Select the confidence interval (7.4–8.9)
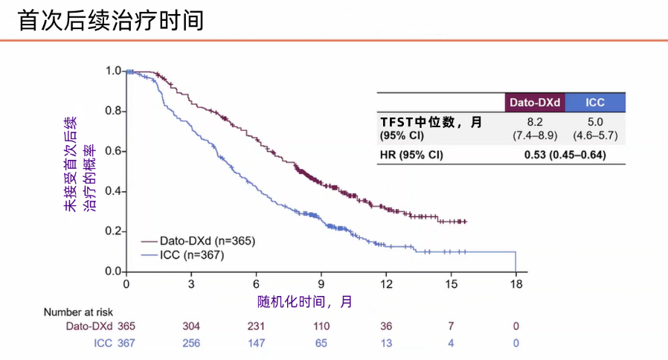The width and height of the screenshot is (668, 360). point(534,135)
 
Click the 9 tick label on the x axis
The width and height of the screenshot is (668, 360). point(321,285)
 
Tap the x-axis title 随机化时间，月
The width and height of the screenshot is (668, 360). point(305,302)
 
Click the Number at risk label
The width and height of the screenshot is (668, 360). point(77,312)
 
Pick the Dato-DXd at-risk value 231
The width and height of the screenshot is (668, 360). point(257,327)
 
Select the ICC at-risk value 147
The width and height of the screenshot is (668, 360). point(257,343)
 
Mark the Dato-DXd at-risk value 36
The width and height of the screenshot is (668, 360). point(386,327)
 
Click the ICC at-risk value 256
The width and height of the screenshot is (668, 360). point(191,343)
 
